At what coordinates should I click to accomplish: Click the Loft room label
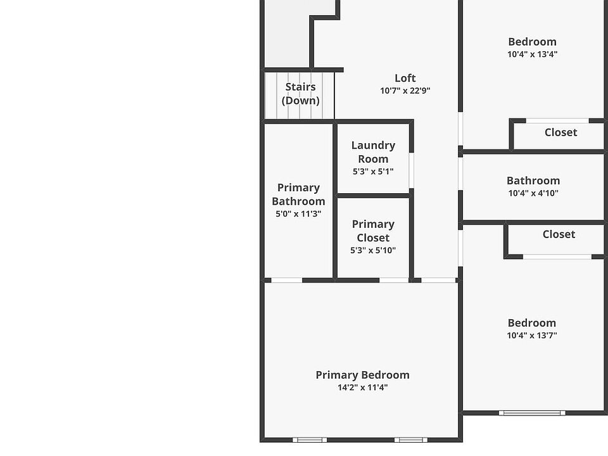tap(405, 78)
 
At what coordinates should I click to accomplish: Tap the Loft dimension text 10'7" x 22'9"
tap(405, 91)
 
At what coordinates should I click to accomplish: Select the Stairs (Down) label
tap(300, 94)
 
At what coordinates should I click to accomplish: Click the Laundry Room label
tap(373, 152)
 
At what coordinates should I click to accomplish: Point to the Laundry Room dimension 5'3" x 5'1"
tap(373, 171)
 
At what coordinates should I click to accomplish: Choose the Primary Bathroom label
tap(298, 194)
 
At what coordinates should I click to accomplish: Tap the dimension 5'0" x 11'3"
tap(298, 214)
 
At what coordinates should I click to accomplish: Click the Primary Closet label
tap(373, 231)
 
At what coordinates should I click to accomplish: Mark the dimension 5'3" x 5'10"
tap(373, 250)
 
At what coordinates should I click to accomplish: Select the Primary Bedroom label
tap(362, 375)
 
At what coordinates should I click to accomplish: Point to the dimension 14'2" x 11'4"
tap(362, 388)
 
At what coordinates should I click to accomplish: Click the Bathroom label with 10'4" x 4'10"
tap(533, 180)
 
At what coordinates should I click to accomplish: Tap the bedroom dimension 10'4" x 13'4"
tap(532, 54)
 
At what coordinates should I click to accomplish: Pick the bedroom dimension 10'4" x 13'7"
tap(532, 336)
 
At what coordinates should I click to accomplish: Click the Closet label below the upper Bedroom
tap(560, 132)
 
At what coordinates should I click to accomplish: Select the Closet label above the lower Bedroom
tap(559, 234)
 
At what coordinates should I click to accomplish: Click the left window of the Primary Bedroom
tap(310, 440)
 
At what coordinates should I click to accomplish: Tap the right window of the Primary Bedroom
tap(410, 440)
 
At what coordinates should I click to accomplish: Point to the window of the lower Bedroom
tap(531, 413)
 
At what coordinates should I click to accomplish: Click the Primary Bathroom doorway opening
tap(286, 280)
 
